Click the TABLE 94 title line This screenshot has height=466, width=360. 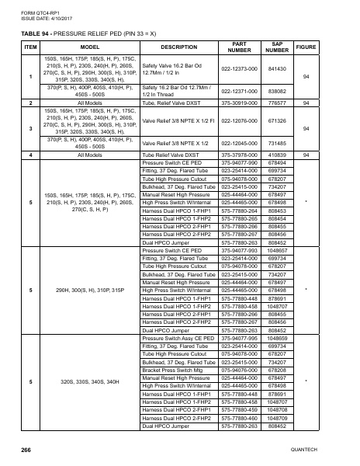tap(89, 34)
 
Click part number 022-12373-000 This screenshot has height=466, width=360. tap(240, 69)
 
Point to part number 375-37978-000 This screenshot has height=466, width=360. tap(240, 155)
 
